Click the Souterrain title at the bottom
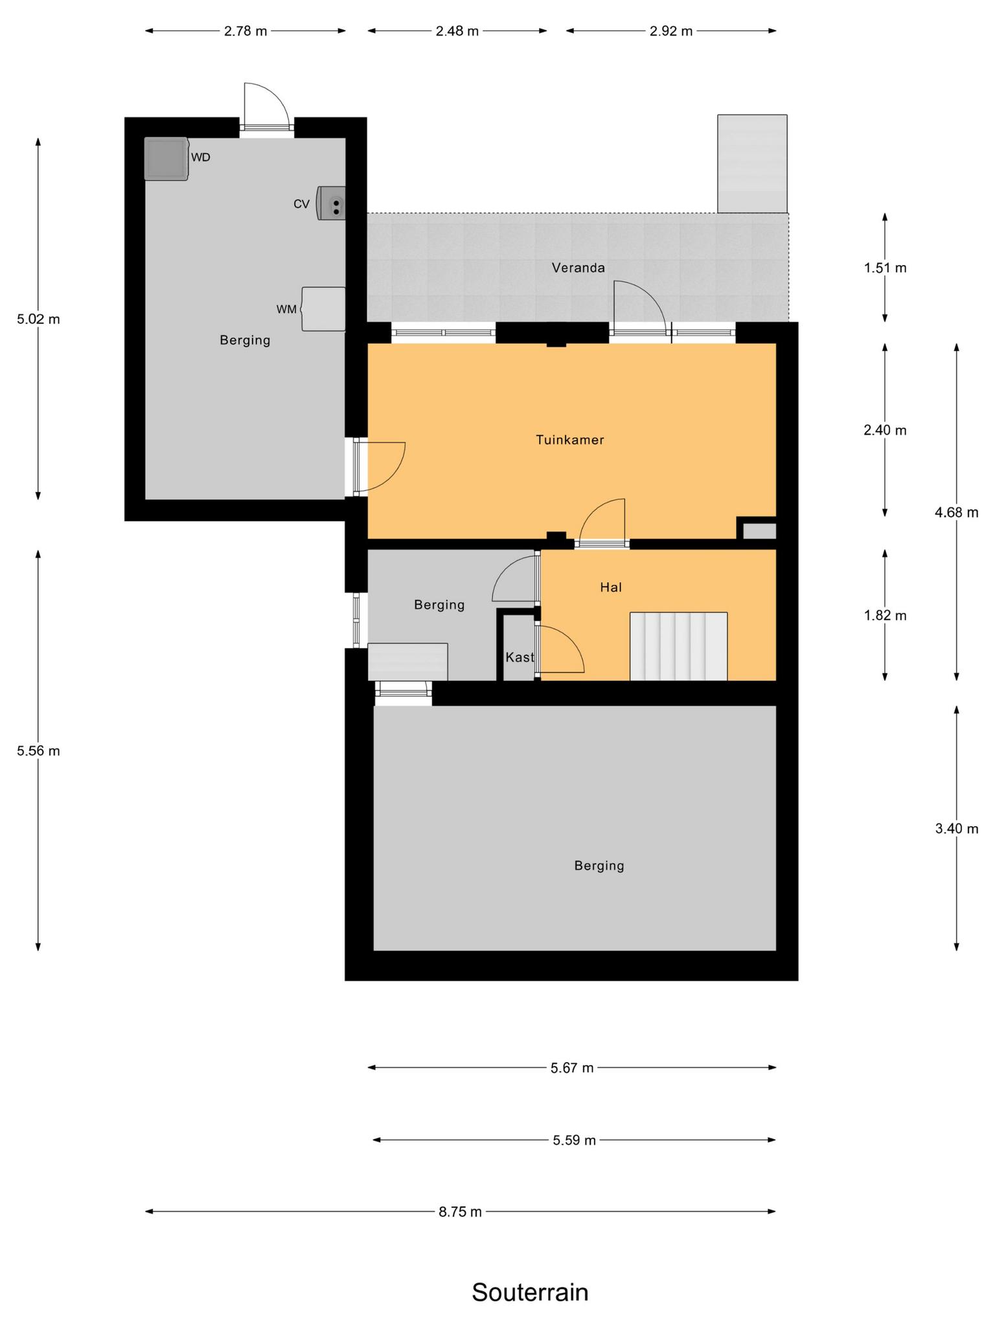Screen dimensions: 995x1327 click(530, 1292)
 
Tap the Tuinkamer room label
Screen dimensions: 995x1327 click(570, 440)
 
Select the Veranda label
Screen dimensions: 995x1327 click(578, 268)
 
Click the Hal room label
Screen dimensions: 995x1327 click(611, 587)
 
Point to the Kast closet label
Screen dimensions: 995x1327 click(520, 657)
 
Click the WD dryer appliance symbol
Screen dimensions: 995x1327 click(166, 159)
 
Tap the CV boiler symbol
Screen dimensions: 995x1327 click(331, 203)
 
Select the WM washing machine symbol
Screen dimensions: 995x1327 click(323, 309)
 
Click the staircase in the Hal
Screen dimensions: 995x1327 click(678, 646)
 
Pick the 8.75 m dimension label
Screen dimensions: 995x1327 click(461, 1212)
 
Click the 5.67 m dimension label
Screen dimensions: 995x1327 click(572, 1068)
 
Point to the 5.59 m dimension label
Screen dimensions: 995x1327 click(574, 1140)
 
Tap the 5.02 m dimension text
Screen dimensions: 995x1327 click(38, 319)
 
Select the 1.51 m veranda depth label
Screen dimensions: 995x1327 click(885, 268)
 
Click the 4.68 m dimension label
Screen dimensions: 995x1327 click(956, 513)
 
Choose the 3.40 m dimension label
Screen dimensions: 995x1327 click(956, 828)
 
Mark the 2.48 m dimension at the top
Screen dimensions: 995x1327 click(457, 31)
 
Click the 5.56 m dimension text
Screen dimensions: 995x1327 click(38, 751)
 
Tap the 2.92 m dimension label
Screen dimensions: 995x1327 click(671, 31)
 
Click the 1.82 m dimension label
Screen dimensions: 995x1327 click(885, 615)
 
